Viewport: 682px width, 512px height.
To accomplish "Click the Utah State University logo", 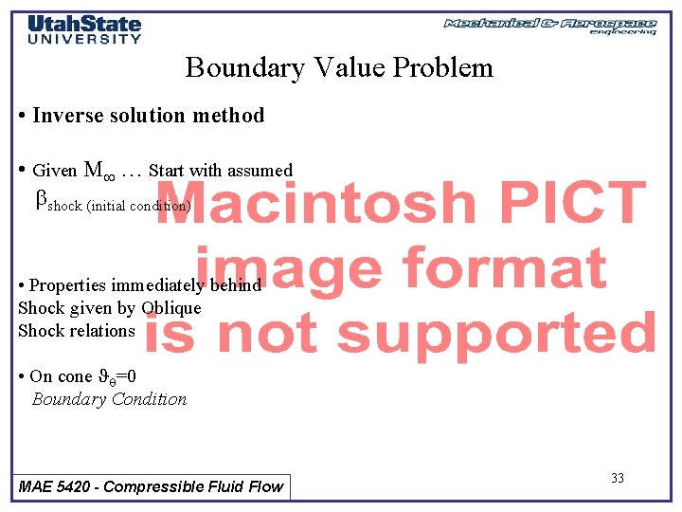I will coord(84,29).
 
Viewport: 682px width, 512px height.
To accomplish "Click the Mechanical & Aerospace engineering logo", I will coord(549,26).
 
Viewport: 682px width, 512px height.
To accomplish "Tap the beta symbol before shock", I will coord(41,200).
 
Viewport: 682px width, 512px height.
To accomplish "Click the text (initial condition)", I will coord(138,206).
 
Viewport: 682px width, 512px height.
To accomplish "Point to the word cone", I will coord(75,376).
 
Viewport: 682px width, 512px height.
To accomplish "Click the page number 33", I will coord(617,478).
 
